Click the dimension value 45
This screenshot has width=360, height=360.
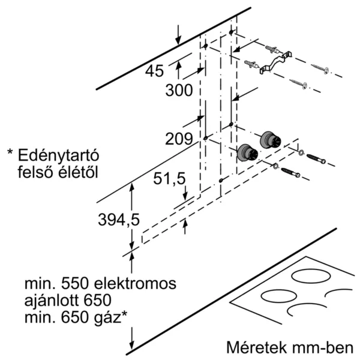tap(154, 71)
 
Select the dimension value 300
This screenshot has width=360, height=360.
tap(179, 90)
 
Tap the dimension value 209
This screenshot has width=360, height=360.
tap(179, 139)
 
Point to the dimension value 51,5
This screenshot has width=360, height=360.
tap(169, 179)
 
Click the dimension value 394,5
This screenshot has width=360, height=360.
tap(119, 220)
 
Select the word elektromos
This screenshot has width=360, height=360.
tap(135, 284)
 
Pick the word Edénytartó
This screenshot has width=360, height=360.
tap(58, 155)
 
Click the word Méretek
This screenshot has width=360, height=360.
tap(256, 347)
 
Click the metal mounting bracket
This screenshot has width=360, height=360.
tap(276, 62)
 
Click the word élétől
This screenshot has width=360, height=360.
tap(78, 172)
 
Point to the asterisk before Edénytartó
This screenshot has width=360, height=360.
tap(10, 152)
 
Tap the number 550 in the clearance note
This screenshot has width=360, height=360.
tap(74, 284)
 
